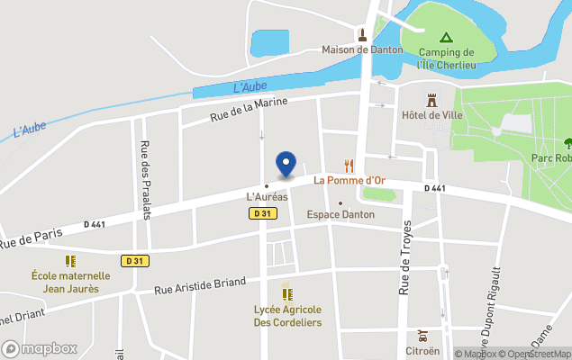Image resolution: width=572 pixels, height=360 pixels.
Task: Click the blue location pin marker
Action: click(x=286, y=164)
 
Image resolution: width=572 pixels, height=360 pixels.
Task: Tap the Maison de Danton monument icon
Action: click(x=361, y=35)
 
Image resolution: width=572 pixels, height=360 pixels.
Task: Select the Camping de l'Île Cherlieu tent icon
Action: click(x=445, y=38)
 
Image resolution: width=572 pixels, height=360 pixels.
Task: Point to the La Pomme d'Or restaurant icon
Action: click(x=349, y=166)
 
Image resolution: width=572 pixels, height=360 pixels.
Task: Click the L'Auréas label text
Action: click(x=268, y=196)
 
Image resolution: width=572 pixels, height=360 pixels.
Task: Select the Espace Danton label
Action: click(x=340, y=214)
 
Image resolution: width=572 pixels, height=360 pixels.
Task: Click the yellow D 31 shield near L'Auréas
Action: click(x=261, y=213)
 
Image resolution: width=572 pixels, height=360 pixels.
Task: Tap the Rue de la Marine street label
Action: click(x=249, y=110)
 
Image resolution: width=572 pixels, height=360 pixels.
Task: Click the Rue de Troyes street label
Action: click(x=404, y=257)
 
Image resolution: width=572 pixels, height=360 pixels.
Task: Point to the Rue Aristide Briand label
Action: click(x=200, y=286)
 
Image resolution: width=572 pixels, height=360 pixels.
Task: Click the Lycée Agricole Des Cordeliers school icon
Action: click(x=287, y=293)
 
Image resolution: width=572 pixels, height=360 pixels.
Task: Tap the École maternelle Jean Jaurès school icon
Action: click(x=70, y=259)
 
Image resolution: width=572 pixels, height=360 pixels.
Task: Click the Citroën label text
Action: click(x=422, y=350)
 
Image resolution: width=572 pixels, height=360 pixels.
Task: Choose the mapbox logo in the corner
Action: click(x=40, y=348)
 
